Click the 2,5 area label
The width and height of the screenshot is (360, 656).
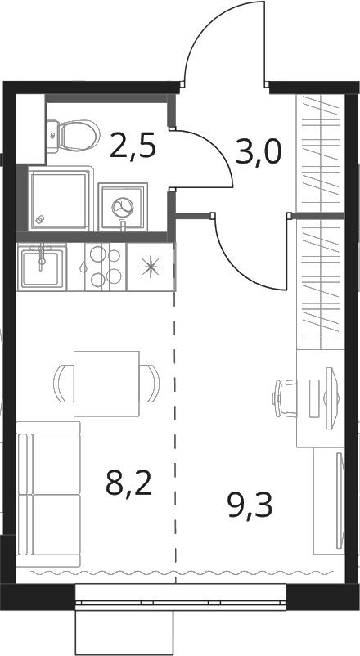point(133,146)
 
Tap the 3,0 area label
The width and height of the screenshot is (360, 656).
point(259,152)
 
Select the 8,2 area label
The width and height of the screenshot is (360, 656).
point(128,484)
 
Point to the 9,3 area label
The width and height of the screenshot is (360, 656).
point(250,505)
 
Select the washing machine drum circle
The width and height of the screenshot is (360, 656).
point(122,207)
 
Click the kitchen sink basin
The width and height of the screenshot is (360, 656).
point(42,267)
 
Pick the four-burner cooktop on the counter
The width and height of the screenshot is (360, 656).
point(105,267)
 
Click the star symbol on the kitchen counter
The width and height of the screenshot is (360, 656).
point(151,267)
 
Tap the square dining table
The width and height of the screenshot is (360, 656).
point(106,384)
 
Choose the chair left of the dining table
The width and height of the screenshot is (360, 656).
point(64,384)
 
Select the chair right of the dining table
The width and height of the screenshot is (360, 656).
point(150,384)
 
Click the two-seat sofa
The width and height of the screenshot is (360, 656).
point(48,494)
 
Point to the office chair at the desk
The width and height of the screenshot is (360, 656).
point(284,398)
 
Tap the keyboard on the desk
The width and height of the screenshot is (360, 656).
point(314,398)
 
